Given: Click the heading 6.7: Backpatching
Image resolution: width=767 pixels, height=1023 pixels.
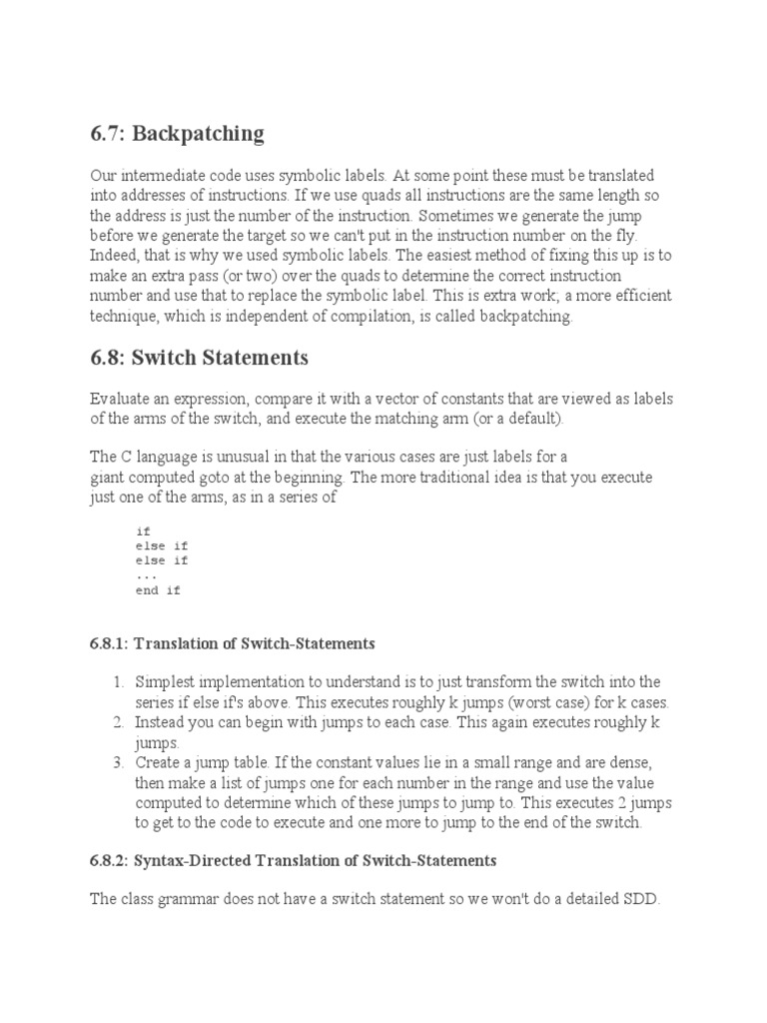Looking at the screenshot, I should click(177, 133).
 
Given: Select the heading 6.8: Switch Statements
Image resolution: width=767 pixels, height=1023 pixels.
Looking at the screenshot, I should click(199, 357).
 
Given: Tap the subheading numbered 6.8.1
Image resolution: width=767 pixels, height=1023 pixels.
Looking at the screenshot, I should click(232, 642).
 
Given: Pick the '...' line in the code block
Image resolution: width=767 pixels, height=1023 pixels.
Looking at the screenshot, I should click(146, 575).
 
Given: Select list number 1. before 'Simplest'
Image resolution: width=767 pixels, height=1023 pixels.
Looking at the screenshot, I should click(118, 681).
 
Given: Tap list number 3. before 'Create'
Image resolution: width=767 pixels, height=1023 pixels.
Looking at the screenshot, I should click(118, 761).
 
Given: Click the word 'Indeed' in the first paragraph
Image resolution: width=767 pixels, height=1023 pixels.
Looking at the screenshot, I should click(112, 254).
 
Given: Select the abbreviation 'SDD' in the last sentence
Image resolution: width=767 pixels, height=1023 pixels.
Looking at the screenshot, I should click(643, 899).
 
